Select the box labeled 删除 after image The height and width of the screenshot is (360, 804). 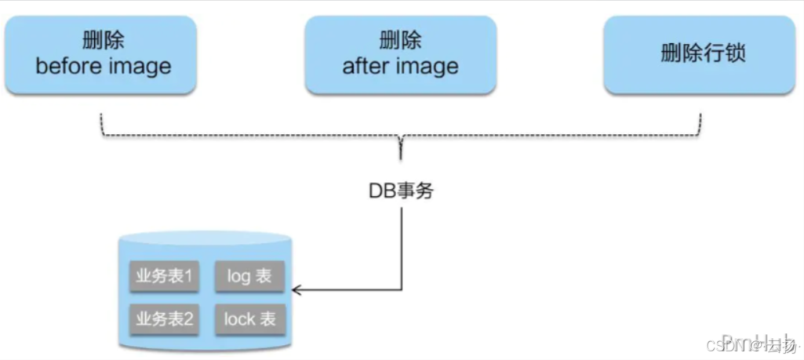[400, 55]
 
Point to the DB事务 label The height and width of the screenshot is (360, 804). [401, 191]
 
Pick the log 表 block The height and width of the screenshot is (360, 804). [249, 276]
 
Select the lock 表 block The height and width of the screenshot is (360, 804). [249, 318]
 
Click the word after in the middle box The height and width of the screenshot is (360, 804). [363, 67]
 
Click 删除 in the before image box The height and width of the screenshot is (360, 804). [103, 41]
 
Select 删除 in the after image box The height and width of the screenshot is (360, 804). [400, 41]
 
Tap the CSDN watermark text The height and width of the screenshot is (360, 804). [729, 345]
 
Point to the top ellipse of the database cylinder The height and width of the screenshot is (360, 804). [205, 239]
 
